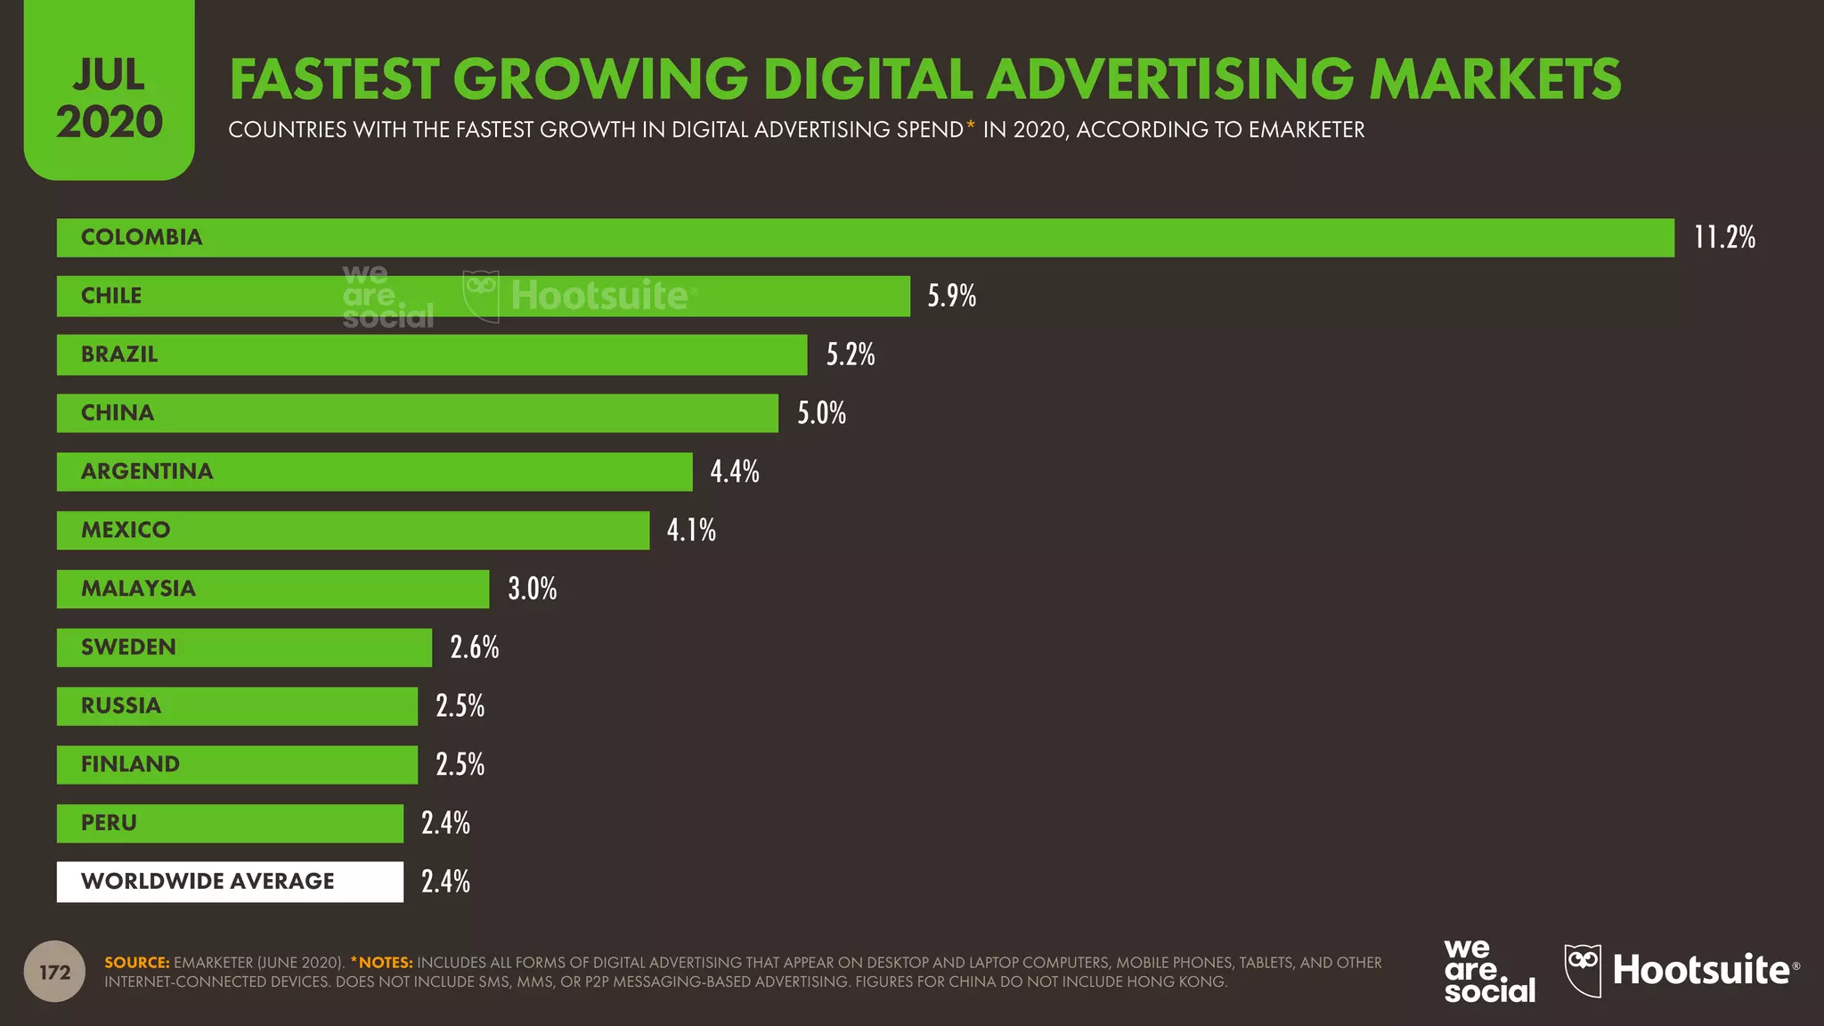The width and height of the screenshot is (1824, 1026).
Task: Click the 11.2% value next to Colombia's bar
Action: [x=1724, y=238]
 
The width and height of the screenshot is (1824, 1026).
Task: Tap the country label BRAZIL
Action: [x=119, y=354]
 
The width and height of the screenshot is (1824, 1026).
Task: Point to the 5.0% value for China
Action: [x=821, y=413]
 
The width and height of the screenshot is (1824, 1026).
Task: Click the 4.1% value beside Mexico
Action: [x=691, y=530]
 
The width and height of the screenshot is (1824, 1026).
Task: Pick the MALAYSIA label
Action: [x=138, y=589]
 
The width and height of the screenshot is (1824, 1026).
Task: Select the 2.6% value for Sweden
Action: [x=475, y=647]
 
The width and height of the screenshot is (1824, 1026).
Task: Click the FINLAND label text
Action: [x=130, y=764]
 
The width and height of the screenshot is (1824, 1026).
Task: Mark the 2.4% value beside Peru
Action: [x=445, y=823]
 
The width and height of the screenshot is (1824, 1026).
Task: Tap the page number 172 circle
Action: [x=54, y=972]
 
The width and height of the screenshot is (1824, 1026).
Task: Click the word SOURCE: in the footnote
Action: [x=136, y=963]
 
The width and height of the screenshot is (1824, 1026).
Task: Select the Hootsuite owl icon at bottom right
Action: [x=1583, y=971]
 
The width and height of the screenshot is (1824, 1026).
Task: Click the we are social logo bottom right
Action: [x=1488, y=971]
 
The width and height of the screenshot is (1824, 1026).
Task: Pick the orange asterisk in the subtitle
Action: [x=970, y=126]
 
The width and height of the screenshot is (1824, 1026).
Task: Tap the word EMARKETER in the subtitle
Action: [x=1306, y=130]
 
